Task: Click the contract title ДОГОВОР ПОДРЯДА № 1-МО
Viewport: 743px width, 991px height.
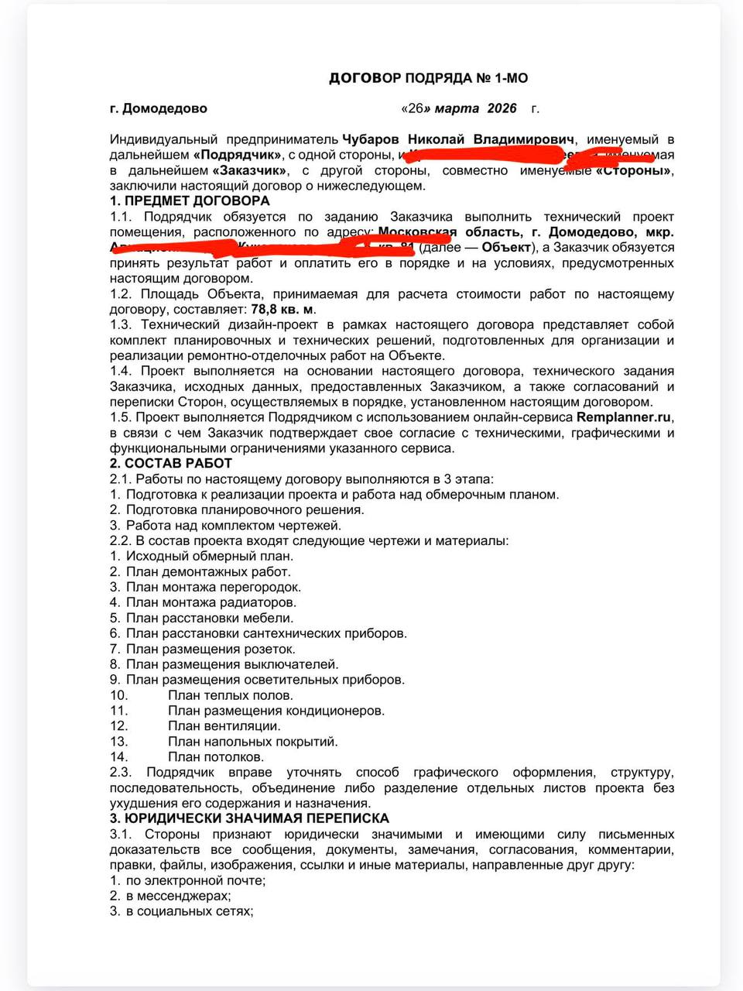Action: (428, 78)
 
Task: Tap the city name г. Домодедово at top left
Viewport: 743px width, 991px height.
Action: (159, 108)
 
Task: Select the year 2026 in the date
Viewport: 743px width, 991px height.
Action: (502, 108)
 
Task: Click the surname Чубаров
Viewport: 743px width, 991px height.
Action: (371, 139)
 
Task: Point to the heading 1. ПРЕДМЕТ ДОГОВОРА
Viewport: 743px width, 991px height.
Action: (190, 201)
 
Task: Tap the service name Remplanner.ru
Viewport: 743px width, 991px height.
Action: (624, 417)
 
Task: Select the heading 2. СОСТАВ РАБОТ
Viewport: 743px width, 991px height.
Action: (171, 464)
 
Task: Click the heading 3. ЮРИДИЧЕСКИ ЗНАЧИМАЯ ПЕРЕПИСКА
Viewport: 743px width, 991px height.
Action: (249, 818)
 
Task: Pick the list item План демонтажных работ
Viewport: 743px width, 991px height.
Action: (208, 572)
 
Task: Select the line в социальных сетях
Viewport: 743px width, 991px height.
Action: (190, 911)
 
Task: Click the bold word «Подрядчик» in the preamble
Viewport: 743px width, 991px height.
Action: (237, 155)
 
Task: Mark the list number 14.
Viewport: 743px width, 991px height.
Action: (118, 757)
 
